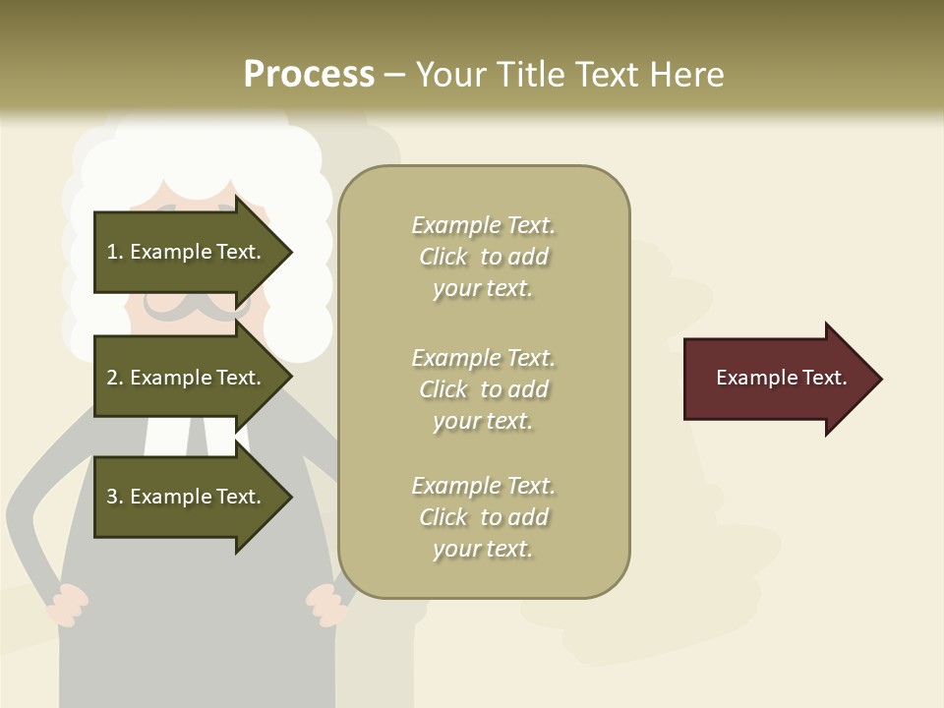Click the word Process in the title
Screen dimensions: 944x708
309,75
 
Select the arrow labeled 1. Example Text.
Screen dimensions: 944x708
187,252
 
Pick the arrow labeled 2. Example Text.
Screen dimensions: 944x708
187,378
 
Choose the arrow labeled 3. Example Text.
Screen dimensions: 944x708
187,497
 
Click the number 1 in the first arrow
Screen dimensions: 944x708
112,252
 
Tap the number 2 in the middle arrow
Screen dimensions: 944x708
112,378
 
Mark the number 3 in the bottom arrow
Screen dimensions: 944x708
112,497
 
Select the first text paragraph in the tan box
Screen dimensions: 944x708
483,257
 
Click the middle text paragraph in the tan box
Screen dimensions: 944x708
483,389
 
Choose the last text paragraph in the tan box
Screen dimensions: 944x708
483,517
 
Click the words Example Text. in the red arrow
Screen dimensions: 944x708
781,378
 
